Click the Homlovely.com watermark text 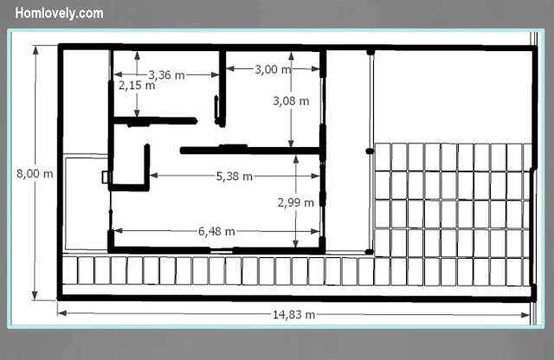[x=59, y=14]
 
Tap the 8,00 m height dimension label [x=35, y=174]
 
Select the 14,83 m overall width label [x=293, y=314]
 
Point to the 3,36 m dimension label [x=166, y=75]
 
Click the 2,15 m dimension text [x=137, y=86]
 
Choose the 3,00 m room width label [x=274, y=69]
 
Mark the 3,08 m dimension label [x=291, y=101]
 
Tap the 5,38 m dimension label [x=235, y=177]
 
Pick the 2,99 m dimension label [x=296, y=202]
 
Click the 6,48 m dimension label [x=216, y=232]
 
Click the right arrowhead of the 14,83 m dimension [x=525, y=315]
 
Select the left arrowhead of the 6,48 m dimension [x=118, y=231]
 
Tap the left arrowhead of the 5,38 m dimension [x=154, y=175]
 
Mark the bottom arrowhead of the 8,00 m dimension [x=35, y=295]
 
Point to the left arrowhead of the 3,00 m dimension [x=230, y=68]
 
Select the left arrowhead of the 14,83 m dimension [x=62, y=313]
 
